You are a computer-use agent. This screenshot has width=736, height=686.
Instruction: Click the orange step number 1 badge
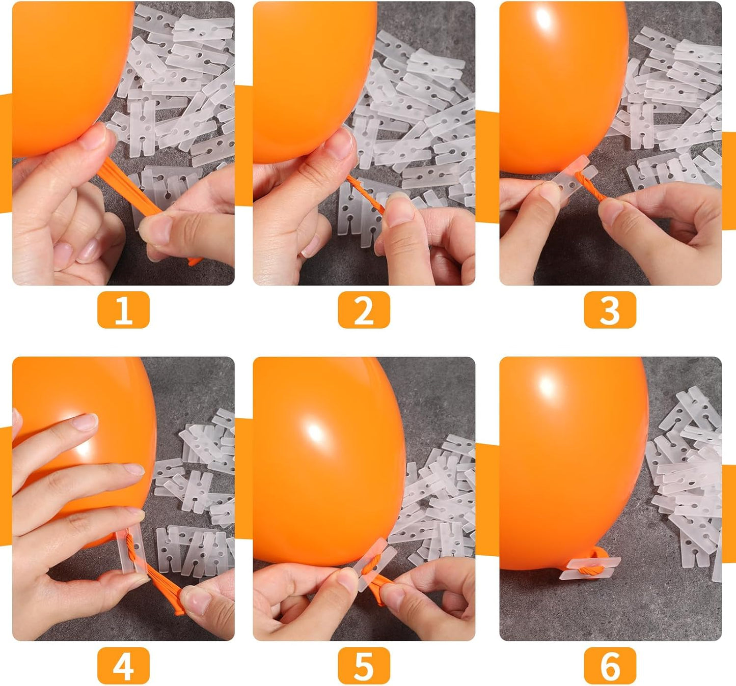pyautogui.click(x=123, y=309)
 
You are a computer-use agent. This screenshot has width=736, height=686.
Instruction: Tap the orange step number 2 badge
pyautogui.click(x=364, y=309)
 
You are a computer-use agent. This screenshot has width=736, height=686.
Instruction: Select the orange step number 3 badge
pyautogui.click(x=610, y=309)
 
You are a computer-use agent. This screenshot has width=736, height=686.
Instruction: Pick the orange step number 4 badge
pyautogui.click(x=123, y=665)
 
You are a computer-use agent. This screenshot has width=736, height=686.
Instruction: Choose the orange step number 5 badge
pyautogui.click(x=364, y=665)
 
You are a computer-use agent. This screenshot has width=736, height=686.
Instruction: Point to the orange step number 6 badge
pyautogui.click(x=610, y=665)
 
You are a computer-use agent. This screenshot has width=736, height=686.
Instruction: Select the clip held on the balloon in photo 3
pyautogui.click(x=570, y=178)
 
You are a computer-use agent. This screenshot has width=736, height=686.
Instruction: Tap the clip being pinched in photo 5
pyautogui.click(x=374, y=565)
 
